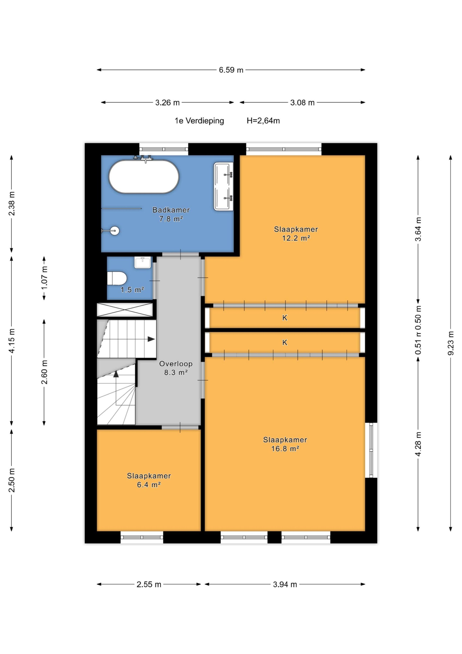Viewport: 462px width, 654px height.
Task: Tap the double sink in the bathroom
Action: pos(224,187)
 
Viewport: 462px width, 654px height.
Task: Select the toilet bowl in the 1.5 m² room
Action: pos(117,278)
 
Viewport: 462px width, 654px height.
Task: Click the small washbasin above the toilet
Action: pos(143,262)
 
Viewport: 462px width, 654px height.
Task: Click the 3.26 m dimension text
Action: pos(167,103)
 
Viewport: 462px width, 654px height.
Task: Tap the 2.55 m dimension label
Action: pos(149,584)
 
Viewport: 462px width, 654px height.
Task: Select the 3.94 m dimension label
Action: pos(285,584)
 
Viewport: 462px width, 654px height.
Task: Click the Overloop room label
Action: pos(176,364)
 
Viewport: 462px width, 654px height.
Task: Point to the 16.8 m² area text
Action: pos(285,449)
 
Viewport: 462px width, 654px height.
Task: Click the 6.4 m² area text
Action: pos(149,485)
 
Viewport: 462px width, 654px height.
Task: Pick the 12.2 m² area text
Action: pos(296,238)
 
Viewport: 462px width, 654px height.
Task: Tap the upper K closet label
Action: pos(285,318)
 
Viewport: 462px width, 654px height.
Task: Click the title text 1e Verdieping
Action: pos(199,121)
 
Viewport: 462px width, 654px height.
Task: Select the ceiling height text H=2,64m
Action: pos(263,121)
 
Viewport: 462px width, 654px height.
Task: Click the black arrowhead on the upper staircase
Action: pos(151,339)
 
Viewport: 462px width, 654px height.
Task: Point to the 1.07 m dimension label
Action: pos(44,278)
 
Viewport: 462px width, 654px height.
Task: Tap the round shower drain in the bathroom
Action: pos(115,231)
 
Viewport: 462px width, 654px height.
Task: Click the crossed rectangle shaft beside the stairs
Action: pos(125,310)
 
